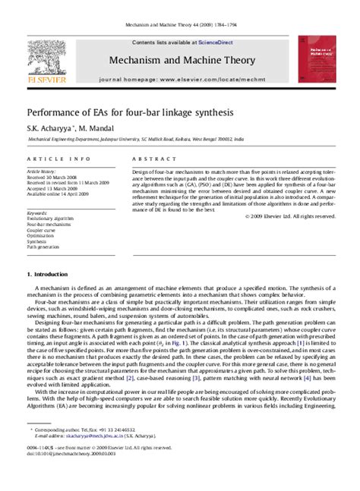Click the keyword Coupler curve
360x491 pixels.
click(x=43, y=229)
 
